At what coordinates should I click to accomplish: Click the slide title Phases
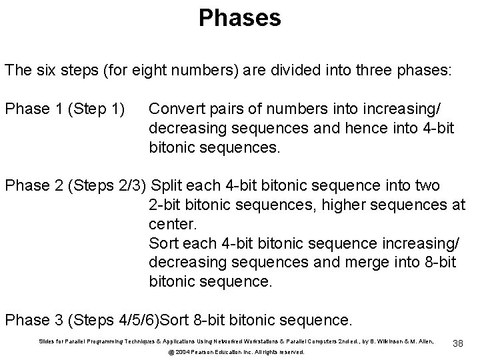pyautogui.click(x=240, y=18)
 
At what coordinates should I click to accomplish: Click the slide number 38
pyautogui.click(x=458, y=343)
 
